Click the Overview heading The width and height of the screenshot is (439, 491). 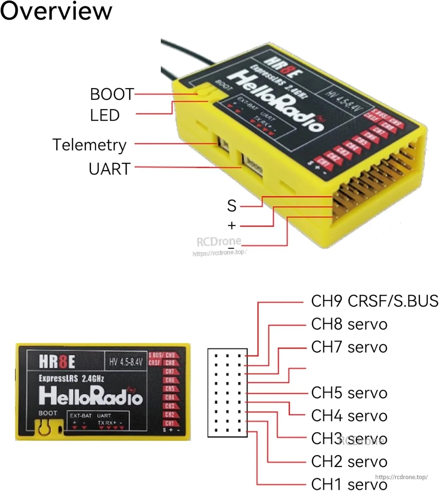coord(56,11)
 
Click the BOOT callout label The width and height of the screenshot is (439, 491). coord(112,94)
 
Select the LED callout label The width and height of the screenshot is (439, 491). coord(105,115)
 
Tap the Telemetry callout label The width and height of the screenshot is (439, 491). coord(89,145)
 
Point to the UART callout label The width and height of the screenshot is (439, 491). coord(110,169)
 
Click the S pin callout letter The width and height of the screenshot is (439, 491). coord(232,206)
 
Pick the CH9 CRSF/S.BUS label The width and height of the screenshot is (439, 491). coord(374,301)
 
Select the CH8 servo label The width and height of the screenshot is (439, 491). coord(349,324)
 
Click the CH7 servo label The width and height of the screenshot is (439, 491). coord(349,347)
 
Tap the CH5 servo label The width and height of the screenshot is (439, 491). coord(349,393)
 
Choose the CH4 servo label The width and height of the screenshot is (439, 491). coord(349,416)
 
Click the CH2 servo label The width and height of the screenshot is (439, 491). coord(349,462)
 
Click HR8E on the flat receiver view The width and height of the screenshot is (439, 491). coord(57,362)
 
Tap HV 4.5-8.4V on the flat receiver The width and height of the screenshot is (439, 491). coord(126,362)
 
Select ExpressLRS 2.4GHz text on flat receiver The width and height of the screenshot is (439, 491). coord(71,379)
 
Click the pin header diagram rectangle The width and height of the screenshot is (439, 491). coord(228,393)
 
